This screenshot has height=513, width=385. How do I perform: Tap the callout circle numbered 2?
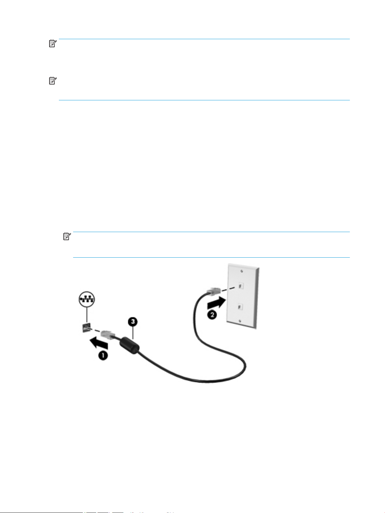coord(212,314)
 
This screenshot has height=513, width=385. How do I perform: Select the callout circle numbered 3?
coord(132,322)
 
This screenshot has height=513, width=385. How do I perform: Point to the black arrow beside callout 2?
coord(216,304)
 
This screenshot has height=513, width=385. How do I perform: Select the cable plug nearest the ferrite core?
coord(108,334)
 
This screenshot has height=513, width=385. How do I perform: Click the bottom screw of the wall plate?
coord(239,320)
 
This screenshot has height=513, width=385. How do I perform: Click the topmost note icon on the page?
coord(53,44)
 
